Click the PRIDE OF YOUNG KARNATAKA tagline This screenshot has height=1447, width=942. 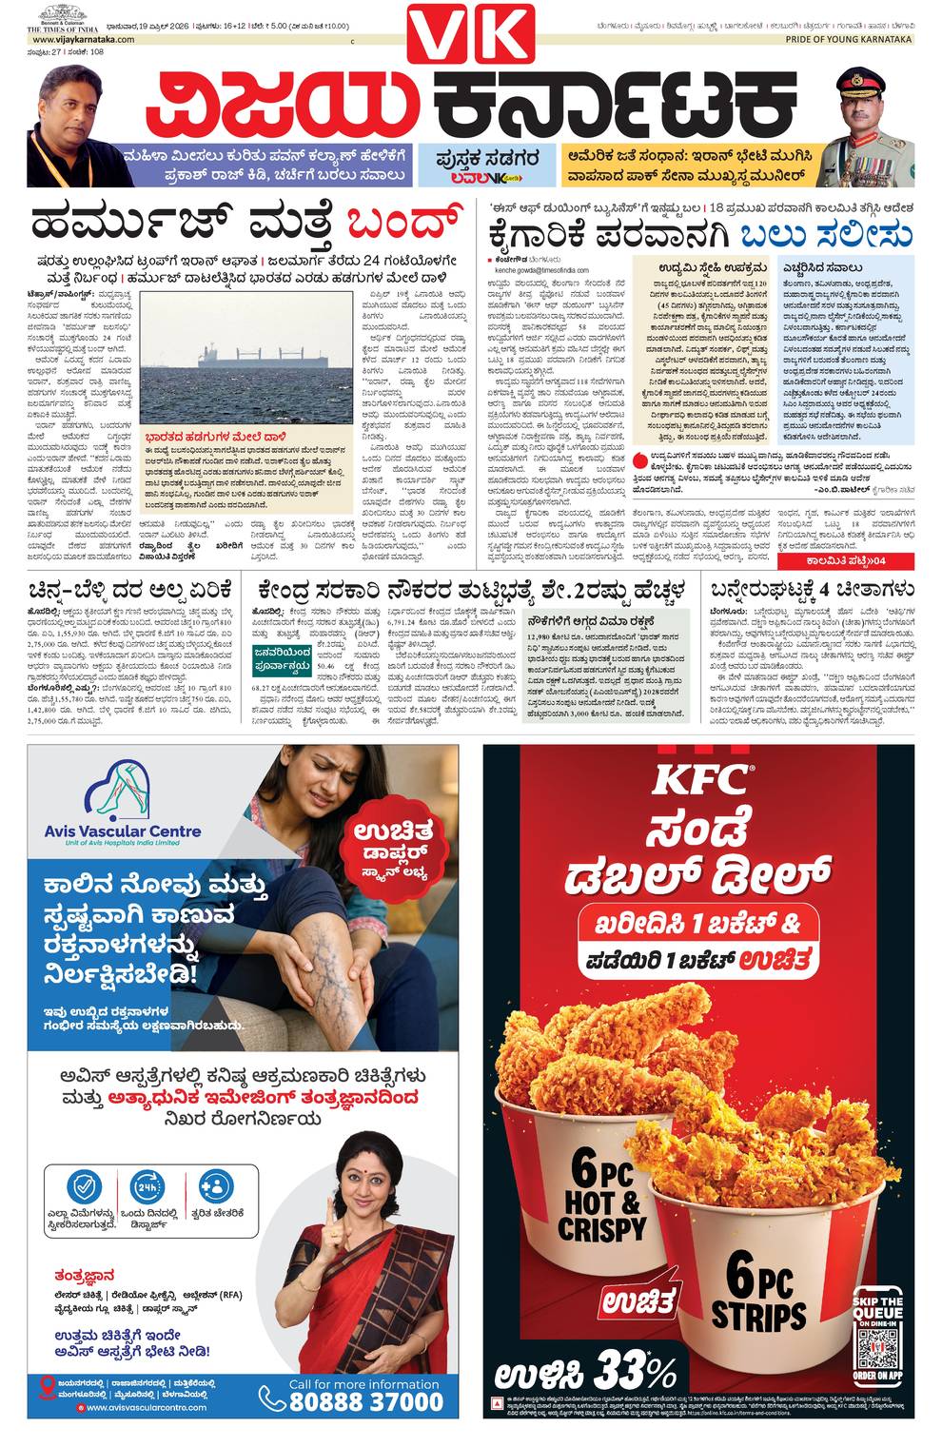[x=848, y=40]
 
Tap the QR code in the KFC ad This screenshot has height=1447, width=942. [x=876, y=1348]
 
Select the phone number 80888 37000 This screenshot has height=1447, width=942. [x=365, y=1400]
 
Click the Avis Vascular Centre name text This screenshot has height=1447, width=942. [x=123, y=831]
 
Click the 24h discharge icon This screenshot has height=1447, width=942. [x=148, y=1187]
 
